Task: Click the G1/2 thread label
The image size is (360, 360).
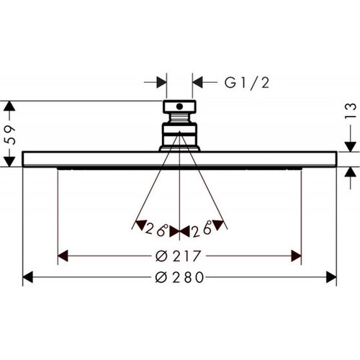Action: click(247, 83)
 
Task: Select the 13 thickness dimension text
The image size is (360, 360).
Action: click(351, 111)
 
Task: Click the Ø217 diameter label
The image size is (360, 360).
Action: click(178, 256)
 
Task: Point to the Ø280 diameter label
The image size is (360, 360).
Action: click(179, 277)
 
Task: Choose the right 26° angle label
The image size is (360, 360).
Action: click(202, 229)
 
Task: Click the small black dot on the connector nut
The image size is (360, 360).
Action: click(179, 107)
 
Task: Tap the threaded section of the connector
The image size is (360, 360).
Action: click(180, 118)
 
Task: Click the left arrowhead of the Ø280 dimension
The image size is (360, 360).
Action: click(27, 277)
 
